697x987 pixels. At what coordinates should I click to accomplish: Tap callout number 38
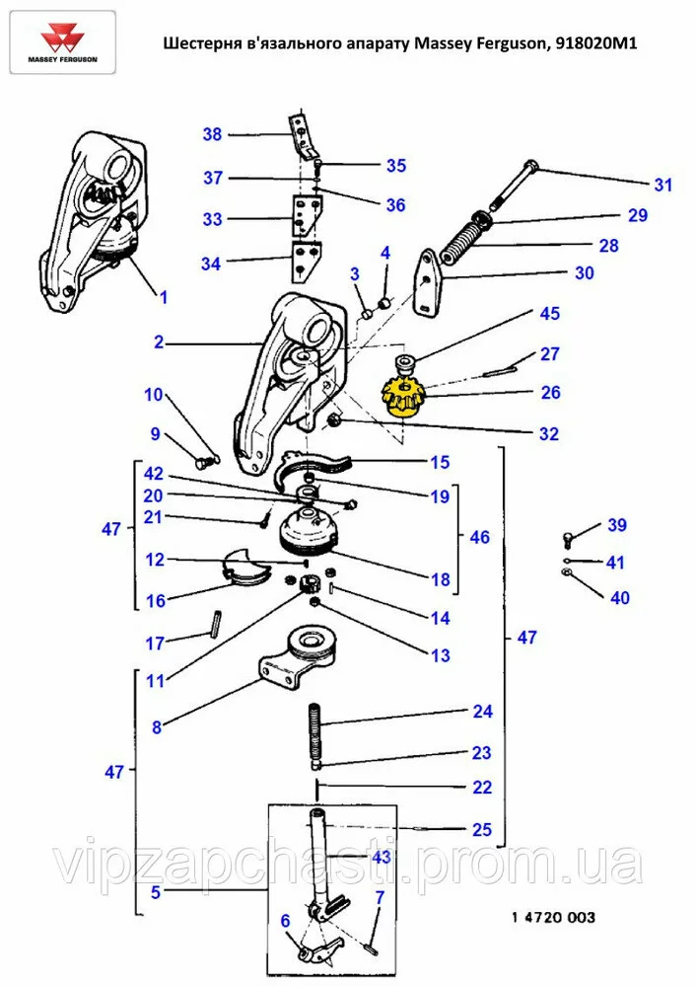click(x=212, y=134)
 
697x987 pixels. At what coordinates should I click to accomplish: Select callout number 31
click(x=662, y=185)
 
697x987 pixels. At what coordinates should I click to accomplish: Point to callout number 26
click(x=550, y=393)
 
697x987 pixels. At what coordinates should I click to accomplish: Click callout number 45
click(x=549, y=314)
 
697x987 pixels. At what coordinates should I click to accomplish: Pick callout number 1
click(x=164, y=296)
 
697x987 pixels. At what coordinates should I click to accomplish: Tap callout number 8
click(x=156, y=728)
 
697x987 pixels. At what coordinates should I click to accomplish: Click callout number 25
click(x=481, y=829)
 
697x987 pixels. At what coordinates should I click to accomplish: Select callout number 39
click(x=616, y=525)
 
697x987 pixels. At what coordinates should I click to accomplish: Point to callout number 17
click(x=156, y=644)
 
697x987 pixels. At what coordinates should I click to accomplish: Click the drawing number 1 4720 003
click(x=553, y=918)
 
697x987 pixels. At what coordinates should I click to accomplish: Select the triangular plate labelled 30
click(x=428, y=281)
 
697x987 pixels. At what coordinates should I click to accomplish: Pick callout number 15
click(x=439, y=462)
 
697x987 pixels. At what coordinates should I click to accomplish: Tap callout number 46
click(x=479, y=538)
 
